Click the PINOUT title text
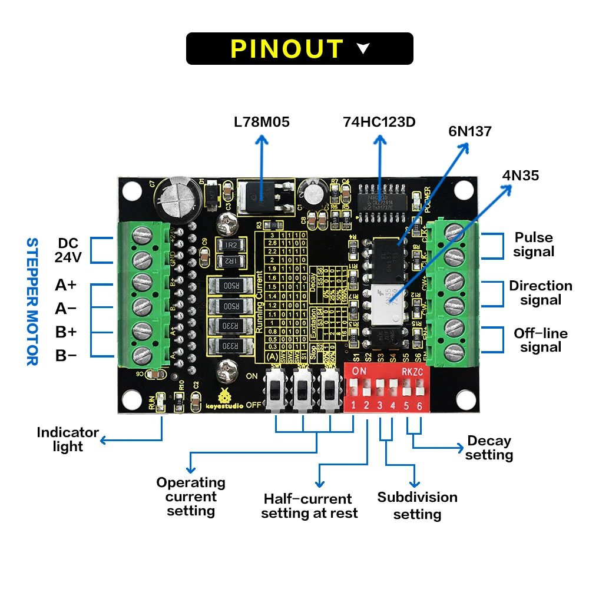coord(287,48)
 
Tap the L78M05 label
coord(262,123)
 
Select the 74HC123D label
coord(379,122)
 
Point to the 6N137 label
coord(469,131)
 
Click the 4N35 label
coord(520,175)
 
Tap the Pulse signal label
coord(534,244)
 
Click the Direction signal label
coord(541,293)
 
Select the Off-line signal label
coord(541,340)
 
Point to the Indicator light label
coord(68,439)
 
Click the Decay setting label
coord(489,448)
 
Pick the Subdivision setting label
coord(417,505)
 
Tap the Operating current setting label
coord(191,497)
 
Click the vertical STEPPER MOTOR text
coord(32,301)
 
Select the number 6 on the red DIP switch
coord(419,406)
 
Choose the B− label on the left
coord(66,355)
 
